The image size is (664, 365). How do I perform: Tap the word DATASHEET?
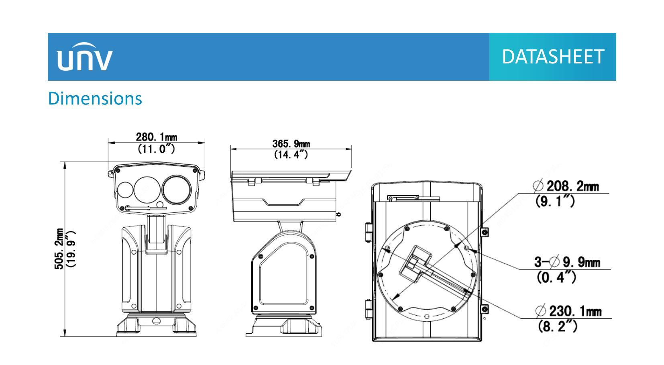(553, 57)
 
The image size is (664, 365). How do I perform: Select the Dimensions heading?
(95, 98)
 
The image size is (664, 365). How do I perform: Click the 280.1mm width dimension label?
(156, 137)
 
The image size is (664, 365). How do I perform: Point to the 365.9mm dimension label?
(291, 144)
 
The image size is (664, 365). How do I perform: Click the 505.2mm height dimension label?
(59, 249)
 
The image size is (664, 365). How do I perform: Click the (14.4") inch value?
(291, 154)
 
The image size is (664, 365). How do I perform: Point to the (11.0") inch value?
(156, 149)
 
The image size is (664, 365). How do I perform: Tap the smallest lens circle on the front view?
(125, 191)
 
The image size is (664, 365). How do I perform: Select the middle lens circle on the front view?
(147, 190)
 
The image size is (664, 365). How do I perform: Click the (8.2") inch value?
(558, 326)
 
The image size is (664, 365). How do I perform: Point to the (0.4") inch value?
(556, 277)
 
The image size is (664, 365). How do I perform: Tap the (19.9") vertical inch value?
(72, 249)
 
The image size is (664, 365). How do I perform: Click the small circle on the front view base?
(156, 320)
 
